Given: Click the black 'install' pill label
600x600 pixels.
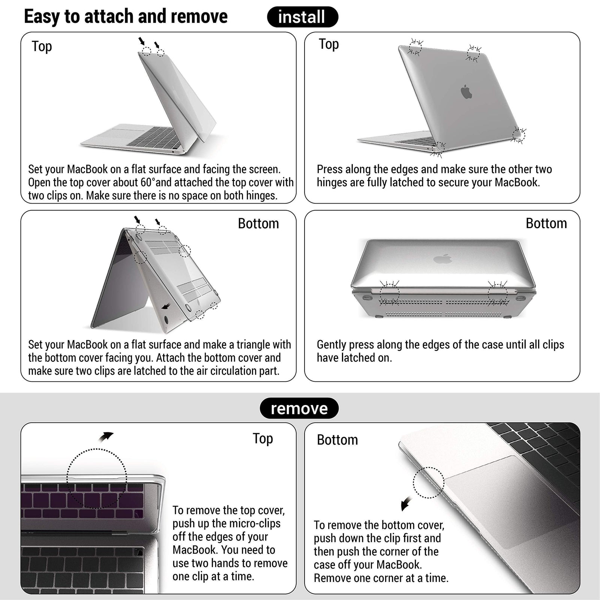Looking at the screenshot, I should (302, 17).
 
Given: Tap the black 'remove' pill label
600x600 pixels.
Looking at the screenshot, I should (299, 408).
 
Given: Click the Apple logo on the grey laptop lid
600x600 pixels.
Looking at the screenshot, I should (466, 91).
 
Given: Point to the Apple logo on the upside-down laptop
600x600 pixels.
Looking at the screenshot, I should (442, 258).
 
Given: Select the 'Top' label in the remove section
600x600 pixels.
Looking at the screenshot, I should (262, 438).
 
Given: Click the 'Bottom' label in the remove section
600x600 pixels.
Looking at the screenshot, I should (337, 440).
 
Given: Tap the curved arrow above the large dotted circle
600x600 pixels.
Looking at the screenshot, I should (106, 436).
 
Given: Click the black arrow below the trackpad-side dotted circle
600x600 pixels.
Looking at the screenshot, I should (406, 504).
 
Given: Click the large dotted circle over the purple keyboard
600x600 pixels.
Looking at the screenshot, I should (97, 478).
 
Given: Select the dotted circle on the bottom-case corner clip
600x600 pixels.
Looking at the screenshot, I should (428, 483).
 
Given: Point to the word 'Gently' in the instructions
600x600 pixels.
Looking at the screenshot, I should (330, 345).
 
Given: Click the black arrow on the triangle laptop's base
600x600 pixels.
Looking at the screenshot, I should (165, 306).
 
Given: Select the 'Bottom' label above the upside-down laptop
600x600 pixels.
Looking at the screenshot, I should (546, 223).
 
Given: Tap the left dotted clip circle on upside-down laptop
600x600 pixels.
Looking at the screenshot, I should (389, 293).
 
